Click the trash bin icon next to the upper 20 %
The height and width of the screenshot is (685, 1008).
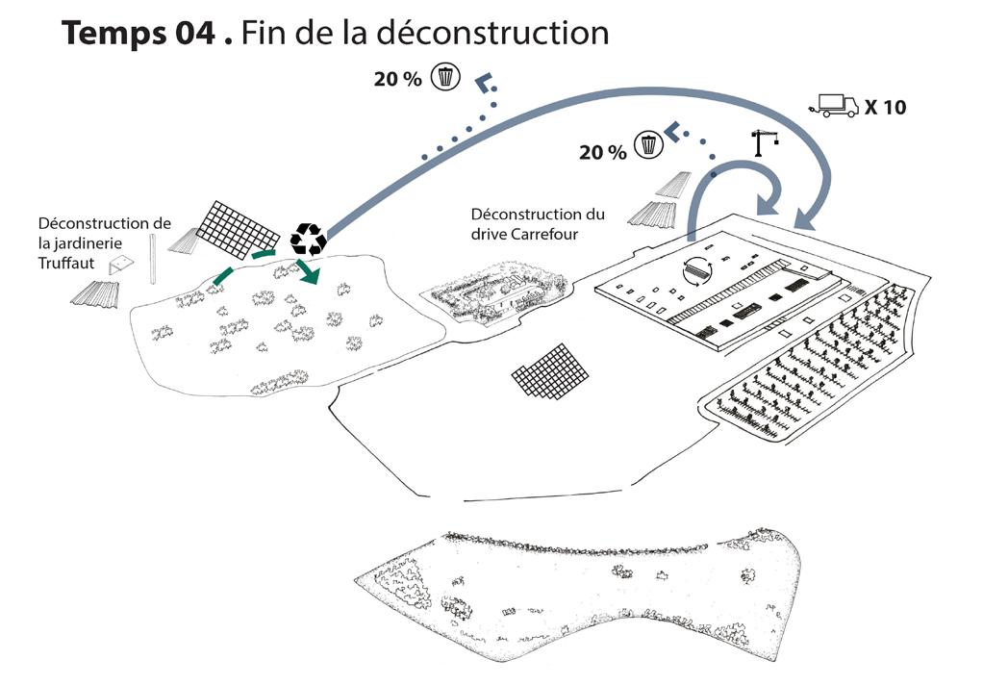pyautogui.click(x=444, y=76)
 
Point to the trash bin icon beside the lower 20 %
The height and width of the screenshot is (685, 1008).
pyautogui.click(x=650, y=145)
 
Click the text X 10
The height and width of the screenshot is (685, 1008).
pyautogui.click(x=885, y=107)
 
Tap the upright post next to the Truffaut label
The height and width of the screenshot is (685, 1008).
pyautogui.click(x=153, y=258)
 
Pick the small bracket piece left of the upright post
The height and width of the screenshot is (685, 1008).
pyautogui.click(x=120, y=266)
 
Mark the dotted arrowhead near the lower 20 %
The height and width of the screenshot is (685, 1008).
pyautogui.click(x=676, y=131)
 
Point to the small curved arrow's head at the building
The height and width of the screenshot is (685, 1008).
pyautogui.click(x=768, y=205)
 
